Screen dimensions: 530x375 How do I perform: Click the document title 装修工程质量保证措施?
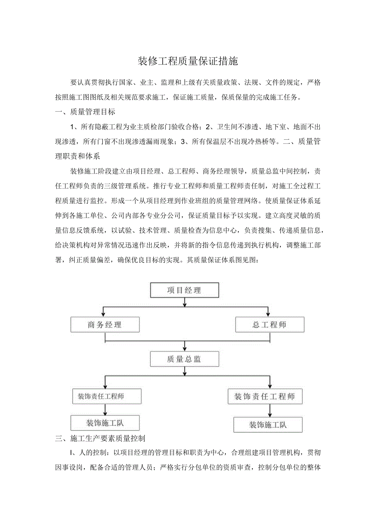(187, 62)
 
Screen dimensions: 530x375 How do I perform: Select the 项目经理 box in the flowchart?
(185, 290)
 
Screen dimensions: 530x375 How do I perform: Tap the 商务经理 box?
(105, 325)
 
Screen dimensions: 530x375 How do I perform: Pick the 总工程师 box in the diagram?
(269, 325)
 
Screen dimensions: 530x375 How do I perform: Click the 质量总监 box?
(185, 359)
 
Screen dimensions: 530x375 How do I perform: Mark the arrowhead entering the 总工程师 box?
(268, 314)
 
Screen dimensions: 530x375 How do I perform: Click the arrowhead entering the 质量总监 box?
(185, 349)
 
